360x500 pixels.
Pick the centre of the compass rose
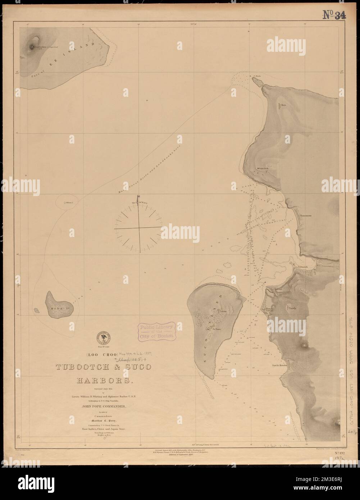(138, 228)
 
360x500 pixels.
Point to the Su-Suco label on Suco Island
(216, 328)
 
